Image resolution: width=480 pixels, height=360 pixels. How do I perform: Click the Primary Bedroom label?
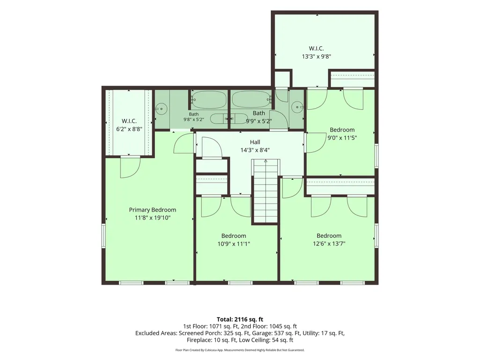[x=153, y=210]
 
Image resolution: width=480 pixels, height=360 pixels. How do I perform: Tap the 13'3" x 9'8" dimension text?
[x=316, y=56]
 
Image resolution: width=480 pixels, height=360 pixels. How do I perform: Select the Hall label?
[x=255, y=142]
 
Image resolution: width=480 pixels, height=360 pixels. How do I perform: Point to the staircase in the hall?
[x=266, y=192]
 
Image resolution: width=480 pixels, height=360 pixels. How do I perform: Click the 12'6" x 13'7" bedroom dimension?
[x=329, y=244]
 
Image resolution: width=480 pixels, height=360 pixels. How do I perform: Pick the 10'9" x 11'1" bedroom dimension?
[x=234, y=244]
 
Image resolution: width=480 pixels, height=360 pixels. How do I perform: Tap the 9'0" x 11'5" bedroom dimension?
[x=342, y=138]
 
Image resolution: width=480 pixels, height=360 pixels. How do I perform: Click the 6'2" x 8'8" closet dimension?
[x=129, y=129]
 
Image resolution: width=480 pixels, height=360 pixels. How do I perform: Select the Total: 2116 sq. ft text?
[x=240, y=319]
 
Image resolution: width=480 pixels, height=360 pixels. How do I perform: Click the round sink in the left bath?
[x=161, y=108]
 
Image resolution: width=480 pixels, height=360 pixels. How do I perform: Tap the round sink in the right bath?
[x=297, y=107]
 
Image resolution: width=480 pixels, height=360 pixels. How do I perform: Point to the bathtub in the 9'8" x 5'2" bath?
[x=209, y=100]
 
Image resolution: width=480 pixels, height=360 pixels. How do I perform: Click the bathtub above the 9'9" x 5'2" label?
[x=251, y=99]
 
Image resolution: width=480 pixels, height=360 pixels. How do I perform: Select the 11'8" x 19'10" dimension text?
[x=153, y=218]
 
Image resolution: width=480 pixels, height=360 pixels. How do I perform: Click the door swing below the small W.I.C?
[x=130, y=168]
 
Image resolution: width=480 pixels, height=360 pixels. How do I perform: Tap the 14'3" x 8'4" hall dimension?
[x=255, y=150]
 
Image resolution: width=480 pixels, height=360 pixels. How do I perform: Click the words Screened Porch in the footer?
[x=198, y=333]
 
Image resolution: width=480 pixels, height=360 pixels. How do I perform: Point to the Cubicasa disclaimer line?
[x=240, y=350]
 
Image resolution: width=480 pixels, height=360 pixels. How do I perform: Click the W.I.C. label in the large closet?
[x=316, y=48]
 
